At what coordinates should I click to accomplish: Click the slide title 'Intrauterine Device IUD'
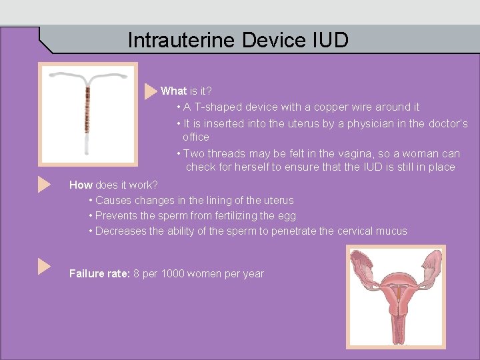(x=238, y=41)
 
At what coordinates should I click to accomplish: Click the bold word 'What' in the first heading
(x=173, y=91)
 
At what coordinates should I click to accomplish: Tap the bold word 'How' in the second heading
(x=81, y=185)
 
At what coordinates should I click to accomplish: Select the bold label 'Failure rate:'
(x=100, y=273)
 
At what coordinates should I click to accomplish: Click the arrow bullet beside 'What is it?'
(x=151, y=91)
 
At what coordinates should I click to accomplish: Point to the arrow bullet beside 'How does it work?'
(x=44, y=185)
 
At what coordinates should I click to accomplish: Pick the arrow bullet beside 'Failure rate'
(x=44, y=267)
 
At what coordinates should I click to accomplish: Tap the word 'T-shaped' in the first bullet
(x=218, y=107)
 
